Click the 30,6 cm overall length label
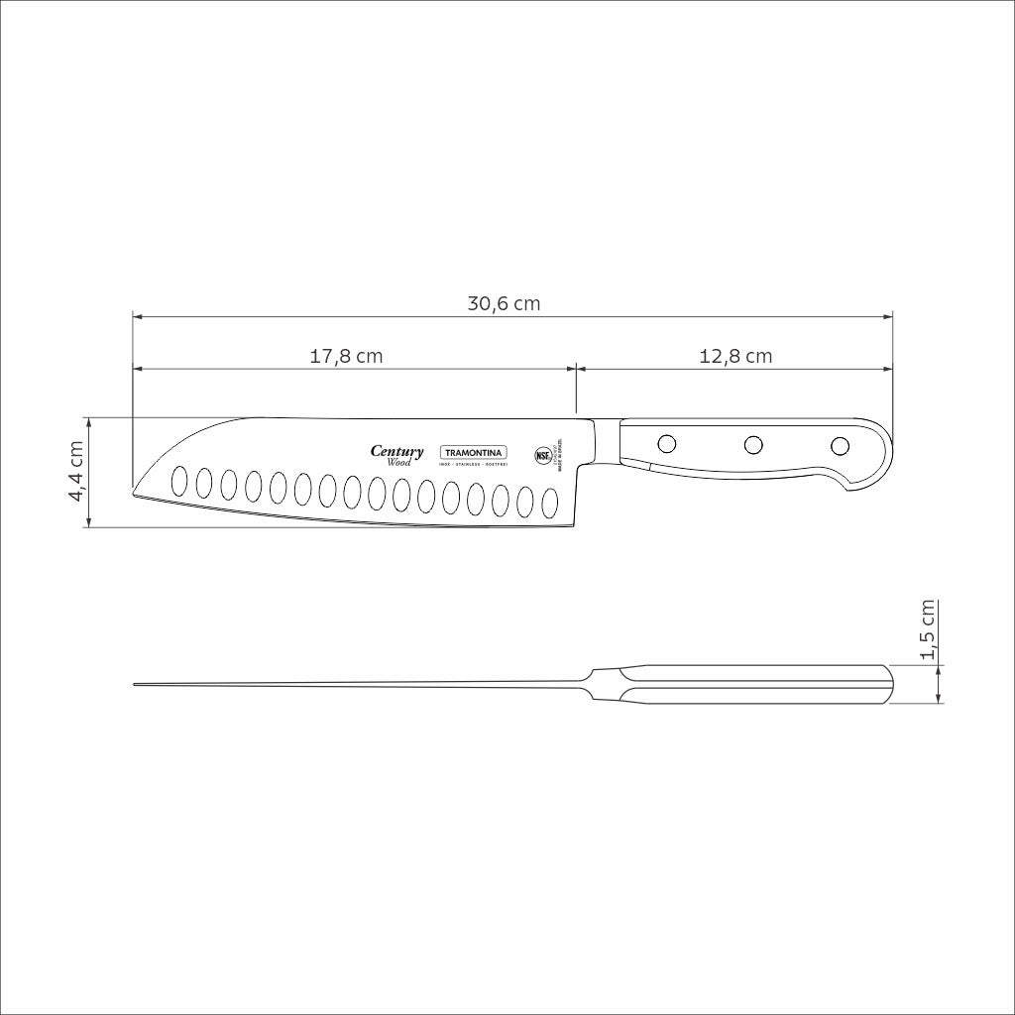click(x=504, y=303)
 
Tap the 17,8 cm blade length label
click(x=346, y=356)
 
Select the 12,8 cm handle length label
click(x=735, y=356)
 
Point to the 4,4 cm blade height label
click(x=75, y=472)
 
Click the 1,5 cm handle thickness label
click(x=928, y=629)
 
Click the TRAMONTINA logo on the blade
click(x=473, y=452)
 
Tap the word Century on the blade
click(x=396, y=451)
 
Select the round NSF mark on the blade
click(x=542, y=456)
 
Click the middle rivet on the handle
click(x=753, y=444)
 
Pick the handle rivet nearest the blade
click(x=667, y=443)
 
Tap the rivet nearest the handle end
click(x=840, y=444)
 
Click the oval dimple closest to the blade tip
click(x=180, y=481)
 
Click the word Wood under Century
click(x=399, y=463)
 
